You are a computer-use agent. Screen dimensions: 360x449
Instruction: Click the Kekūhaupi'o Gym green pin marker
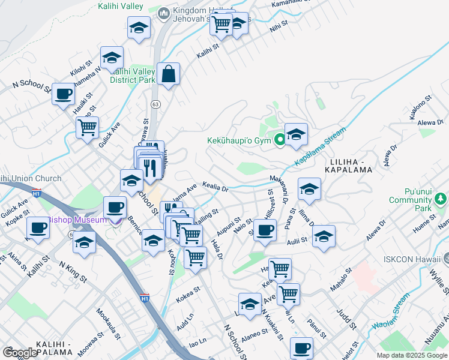pyautogui.click(x=279, y=140)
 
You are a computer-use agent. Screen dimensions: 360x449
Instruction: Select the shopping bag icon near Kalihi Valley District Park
pyautogui.click(x=169, y=74)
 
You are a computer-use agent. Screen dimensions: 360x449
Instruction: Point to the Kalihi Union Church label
pyautogui.click(x=31, y=178)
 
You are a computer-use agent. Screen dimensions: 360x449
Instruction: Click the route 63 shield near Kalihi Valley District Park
pyautogui.click(x=155, y=104)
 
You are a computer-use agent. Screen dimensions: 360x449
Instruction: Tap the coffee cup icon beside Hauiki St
pyautogui.click(x=63, y=94)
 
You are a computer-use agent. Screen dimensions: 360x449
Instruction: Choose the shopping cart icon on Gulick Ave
pyautogui.click(x=88, y=127)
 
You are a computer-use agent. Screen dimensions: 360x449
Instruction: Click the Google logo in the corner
pyautogui.click(x=20, y=353)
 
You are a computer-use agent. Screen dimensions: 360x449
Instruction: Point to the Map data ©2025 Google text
pyautogui.click(x=412, y=355)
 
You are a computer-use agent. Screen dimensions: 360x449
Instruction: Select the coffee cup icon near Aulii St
pyautogui.click(x=264, y=229)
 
